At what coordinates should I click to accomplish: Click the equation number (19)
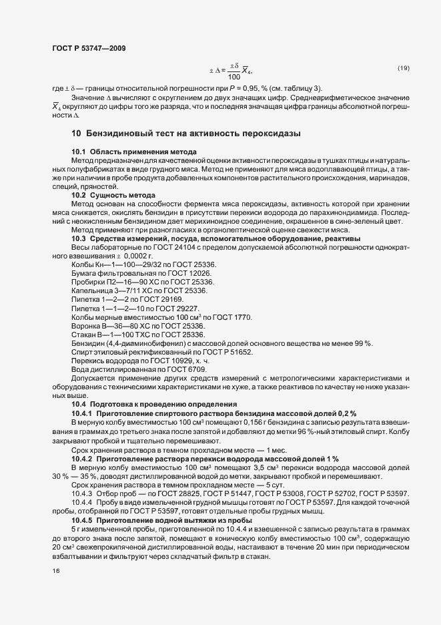coord(403,68)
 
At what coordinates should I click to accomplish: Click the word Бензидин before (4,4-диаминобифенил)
coord(87,343)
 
